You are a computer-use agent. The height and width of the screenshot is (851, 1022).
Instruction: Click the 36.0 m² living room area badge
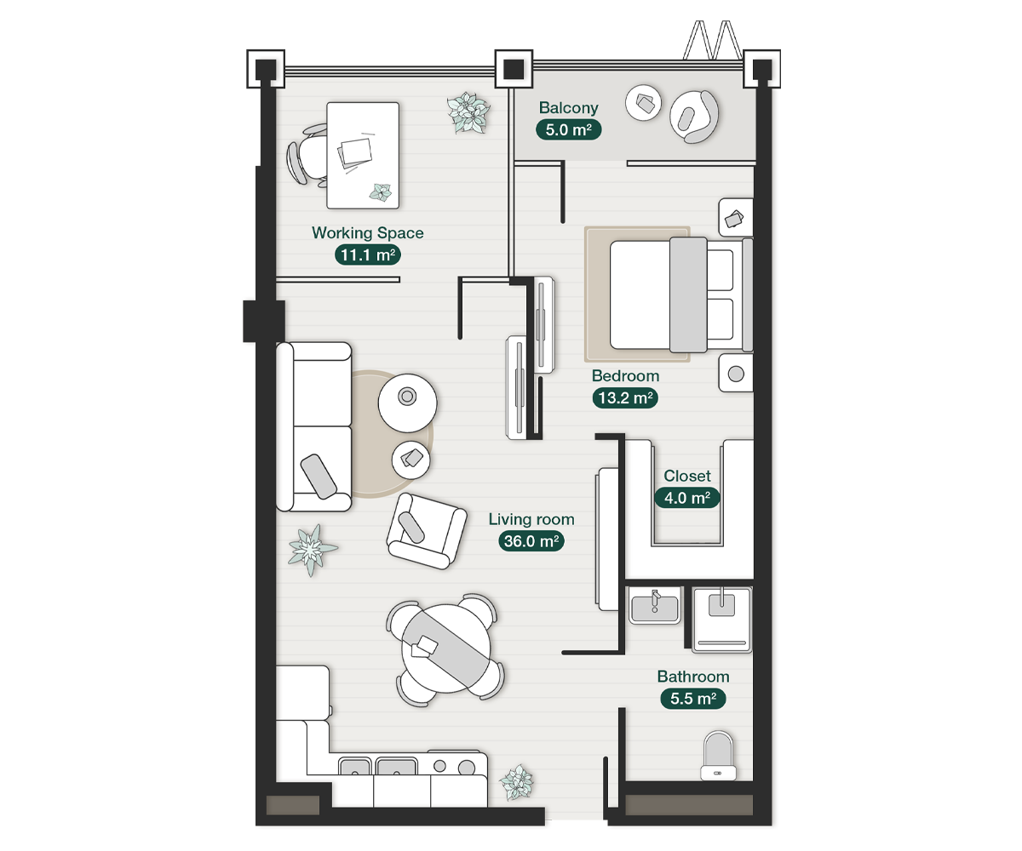pos(531,541)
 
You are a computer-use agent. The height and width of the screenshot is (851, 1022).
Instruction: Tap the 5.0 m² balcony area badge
pos(568,129)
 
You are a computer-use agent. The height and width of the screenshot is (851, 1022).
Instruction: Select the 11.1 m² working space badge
pos(368,254)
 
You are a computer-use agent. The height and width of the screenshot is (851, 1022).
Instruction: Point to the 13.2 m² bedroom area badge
pos(625,397)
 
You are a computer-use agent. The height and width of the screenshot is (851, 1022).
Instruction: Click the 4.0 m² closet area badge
pos(686,498)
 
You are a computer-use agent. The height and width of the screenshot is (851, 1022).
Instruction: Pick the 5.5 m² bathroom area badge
pos(693,699)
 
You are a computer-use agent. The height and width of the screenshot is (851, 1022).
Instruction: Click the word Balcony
pos(568,107)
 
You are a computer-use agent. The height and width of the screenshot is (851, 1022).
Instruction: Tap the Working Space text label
pos(368,233)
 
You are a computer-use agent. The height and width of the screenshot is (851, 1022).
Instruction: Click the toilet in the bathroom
pos(718,756)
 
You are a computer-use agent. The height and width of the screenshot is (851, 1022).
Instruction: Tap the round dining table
pos(446,648)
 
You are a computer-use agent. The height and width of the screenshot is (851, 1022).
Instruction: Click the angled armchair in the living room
pos(427,531)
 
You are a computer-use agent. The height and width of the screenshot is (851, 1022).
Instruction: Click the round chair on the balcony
pos(694,117)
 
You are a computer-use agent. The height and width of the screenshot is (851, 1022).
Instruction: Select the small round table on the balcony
pos(643,103)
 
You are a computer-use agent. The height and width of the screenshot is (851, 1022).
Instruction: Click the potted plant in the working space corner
pos(468,112)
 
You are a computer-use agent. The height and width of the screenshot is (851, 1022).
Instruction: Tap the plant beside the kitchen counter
pos(516,782)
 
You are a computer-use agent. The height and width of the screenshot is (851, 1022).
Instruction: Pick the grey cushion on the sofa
pos(319,477)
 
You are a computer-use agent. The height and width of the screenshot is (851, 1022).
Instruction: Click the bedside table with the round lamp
pos(736,374)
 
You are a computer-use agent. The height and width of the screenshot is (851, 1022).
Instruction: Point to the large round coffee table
pos(408,403)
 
